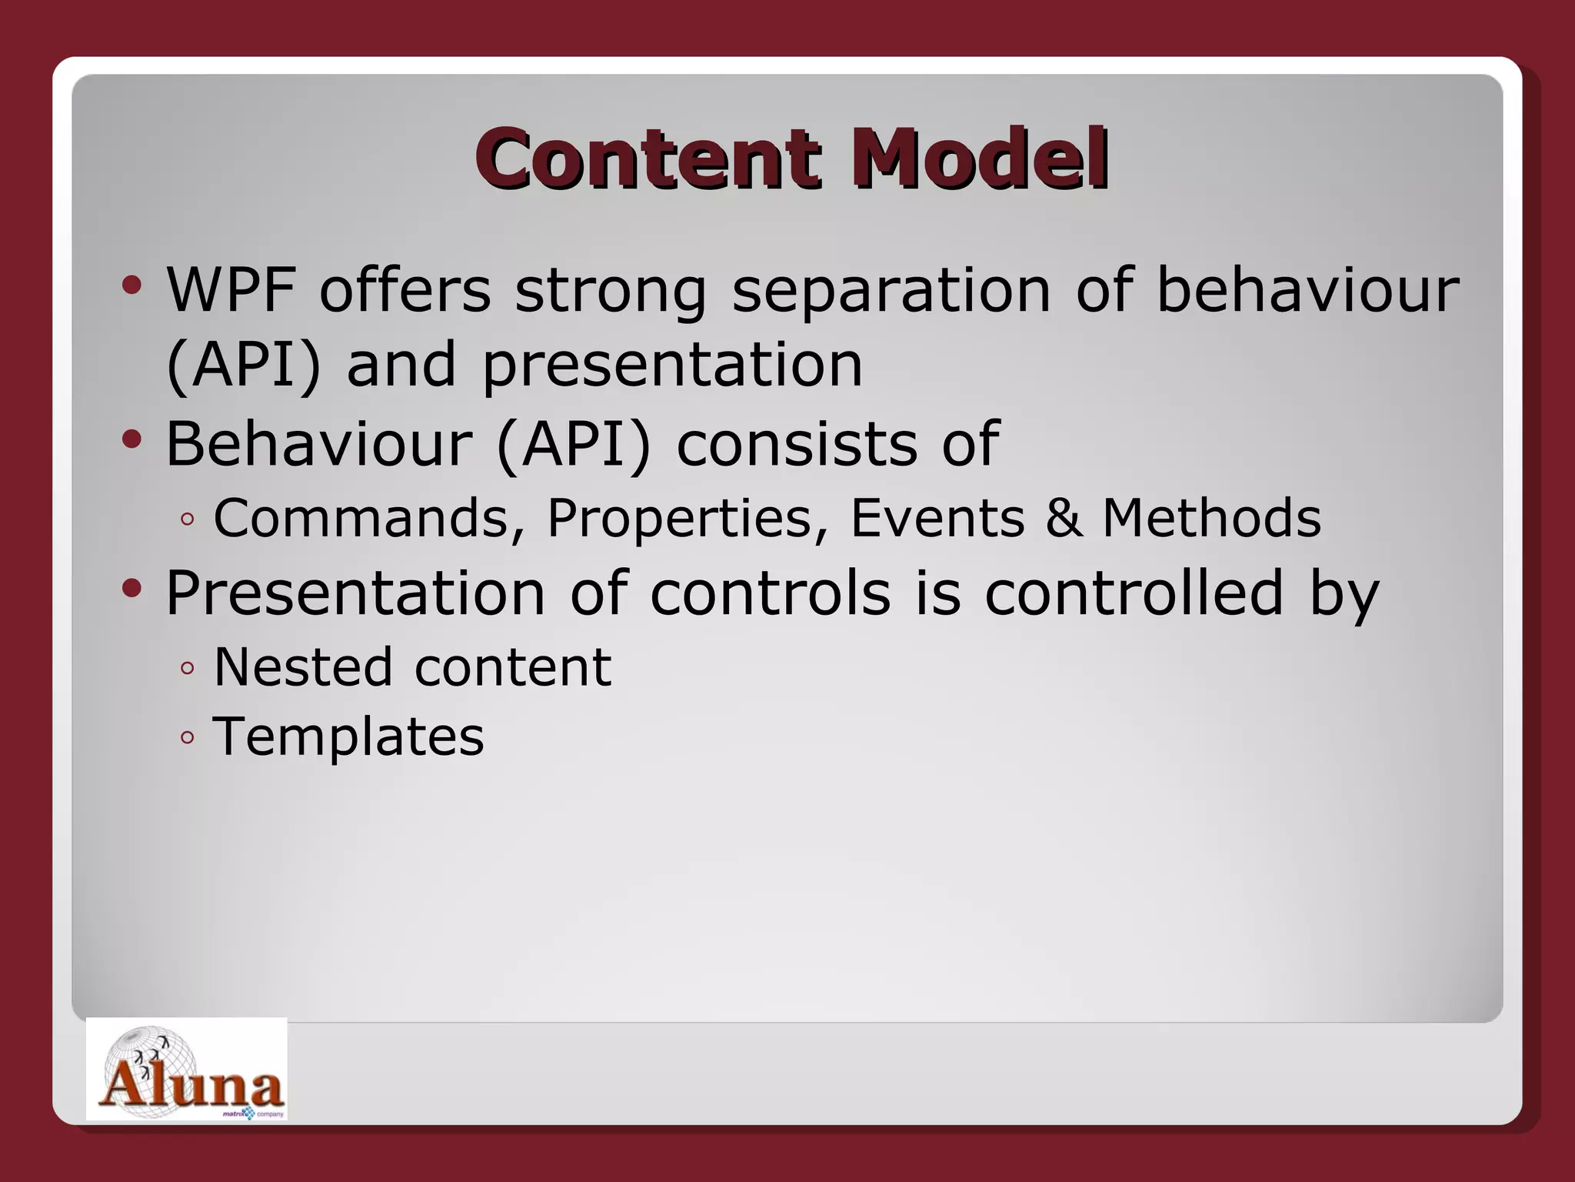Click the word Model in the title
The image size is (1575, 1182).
coord(979,159)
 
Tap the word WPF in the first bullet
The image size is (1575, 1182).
coord(231,290)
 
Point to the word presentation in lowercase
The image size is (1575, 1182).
coord(672,366)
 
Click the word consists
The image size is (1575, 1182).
coord(796,444)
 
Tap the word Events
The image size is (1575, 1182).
coord(937,518)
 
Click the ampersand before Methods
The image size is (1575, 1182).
coord(1064,518)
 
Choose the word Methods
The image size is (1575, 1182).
coord(1211,518)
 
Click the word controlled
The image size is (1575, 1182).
coord(1134,593)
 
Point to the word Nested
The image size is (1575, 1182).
coord(302,666)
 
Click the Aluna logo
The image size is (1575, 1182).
coord(187,1070)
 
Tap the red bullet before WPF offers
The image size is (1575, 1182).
coord(132,286)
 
